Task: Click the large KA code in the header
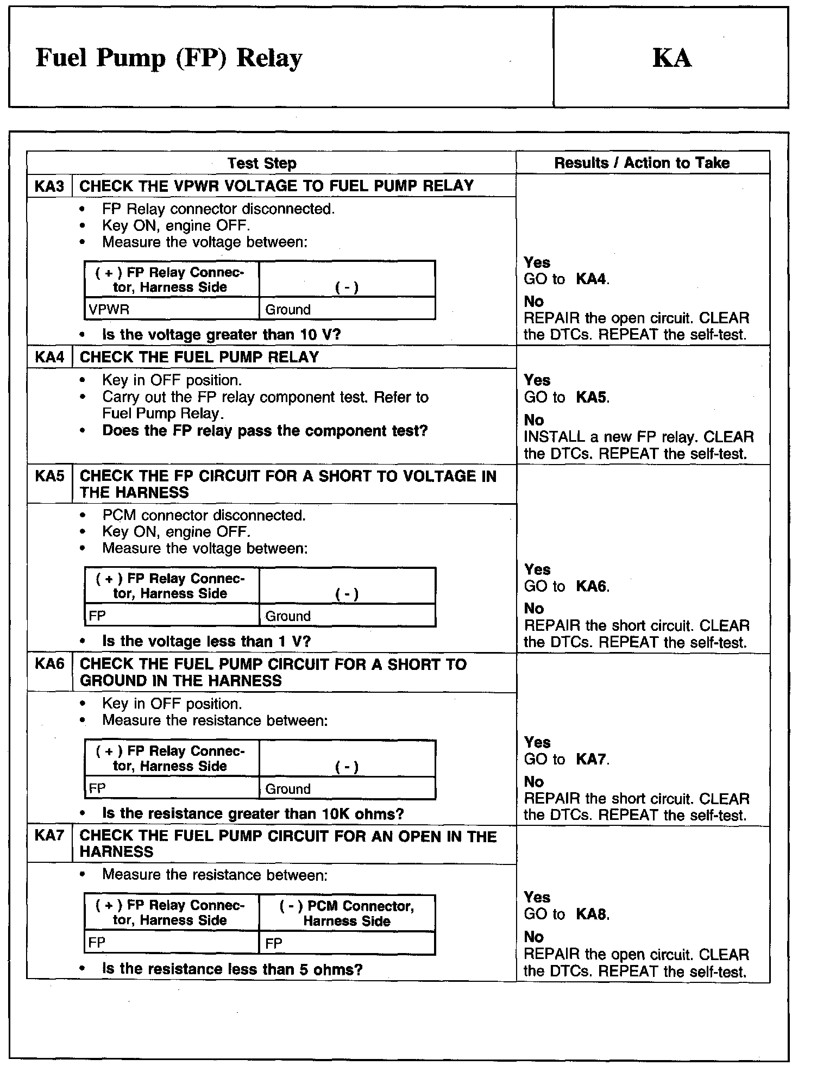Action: tap(671, 58)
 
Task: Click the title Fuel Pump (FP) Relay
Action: tap(168, 58)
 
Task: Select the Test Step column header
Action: tap(262, 163)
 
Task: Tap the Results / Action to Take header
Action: tap(642, 163)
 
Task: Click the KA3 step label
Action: tap(49, 186)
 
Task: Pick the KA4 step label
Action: tap(49, 358)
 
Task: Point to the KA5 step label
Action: tap(49, 476)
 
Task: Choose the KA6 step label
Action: tap(49, 664)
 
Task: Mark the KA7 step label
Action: tap(49, 836)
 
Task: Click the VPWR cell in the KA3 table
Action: tap(109, 310)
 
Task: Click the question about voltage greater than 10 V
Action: tap(221, 335)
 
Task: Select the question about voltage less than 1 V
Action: tap(206, 642)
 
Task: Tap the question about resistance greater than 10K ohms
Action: tap(253, 814)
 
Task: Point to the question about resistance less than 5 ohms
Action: tap(232, 969)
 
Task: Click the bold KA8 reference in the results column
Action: tap(592, 914)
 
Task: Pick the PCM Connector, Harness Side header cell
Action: tap(347, 913)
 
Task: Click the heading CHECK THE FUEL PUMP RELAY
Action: tap(199, 358)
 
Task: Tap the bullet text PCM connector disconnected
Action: tap(204, 515)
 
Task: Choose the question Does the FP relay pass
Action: tap(265, 431)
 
